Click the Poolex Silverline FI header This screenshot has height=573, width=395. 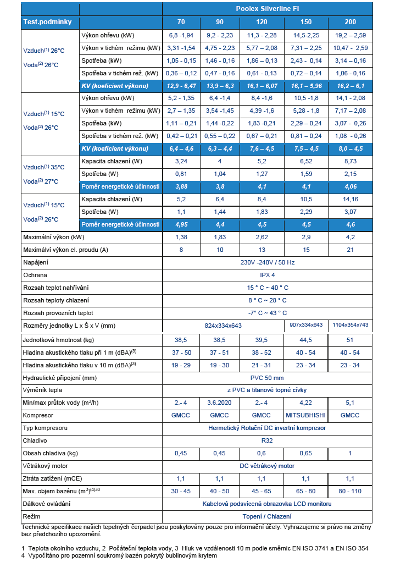pyautogui.click(x=267, y=9)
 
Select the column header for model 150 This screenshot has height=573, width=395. pyautogui.click(x=306, y=22)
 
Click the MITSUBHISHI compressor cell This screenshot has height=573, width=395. pyautogui.click(x=306, y=415)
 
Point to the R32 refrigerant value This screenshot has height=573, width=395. pyautogui.click(x=267, y=440)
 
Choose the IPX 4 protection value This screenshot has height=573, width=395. pyautogui.click(x=267, y=275)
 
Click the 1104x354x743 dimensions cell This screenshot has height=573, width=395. pyautogui.click(x=350, y=326)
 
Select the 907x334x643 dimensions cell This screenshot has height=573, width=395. pyautogui.click(x=306, y=326)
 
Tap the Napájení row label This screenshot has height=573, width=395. pyautogui.click(x=36, y=262)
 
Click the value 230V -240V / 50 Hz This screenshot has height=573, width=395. pyautogui.click(x=267, y=262)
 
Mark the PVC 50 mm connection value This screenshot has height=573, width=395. pyautogui.click(x=267, y=378)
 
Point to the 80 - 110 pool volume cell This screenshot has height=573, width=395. pyautogui.click(x=350, y=491)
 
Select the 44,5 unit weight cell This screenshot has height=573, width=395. pyautogui.click(x=306, y=340)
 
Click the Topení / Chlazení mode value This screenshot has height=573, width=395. pyautogui.click(x=267, y=516)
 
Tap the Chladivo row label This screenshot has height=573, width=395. pyautogui.click(x=35, y=440)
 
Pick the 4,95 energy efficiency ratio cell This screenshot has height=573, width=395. pyautogui.click(x=181, y=224)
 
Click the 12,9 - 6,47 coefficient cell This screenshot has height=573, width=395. pyautogui.click(x=181, y=86)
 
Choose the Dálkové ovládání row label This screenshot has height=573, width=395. pyautogui.click(x=47, y=504)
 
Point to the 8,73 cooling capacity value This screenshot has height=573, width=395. pyautogui.click(x=350, y=162)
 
